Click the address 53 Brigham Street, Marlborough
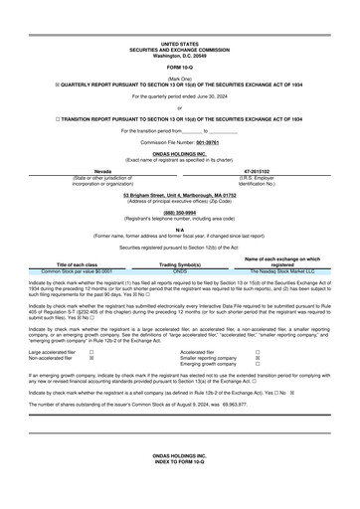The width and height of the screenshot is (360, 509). pos(180,195)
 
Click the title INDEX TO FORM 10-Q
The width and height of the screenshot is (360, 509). pos(179,486)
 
